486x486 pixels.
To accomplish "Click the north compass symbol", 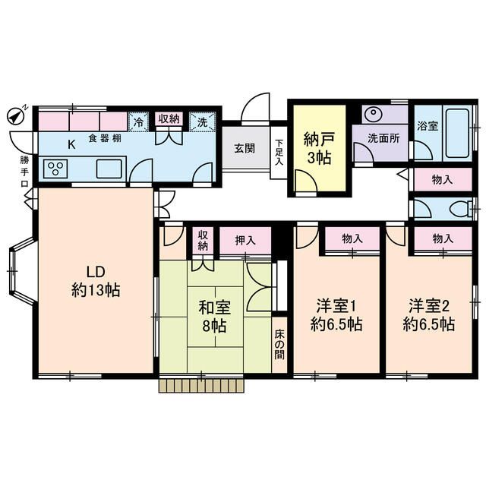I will click(16, 115).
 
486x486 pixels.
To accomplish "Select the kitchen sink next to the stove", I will click(109, 169).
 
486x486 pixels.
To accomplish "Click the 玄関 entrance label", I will click(244, 147).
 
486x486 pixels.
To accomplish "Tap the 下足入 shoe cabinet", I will click(279, 153).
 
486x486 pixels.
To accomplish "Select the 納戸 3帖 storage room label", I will click(318, 149).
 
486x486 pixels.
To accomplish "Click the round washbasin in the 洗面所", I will click(374, 115).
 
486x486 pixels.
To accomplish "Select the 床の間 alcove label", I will click(279, 344).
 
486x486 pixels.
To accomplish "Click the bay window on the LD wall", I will click(18, 270).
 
